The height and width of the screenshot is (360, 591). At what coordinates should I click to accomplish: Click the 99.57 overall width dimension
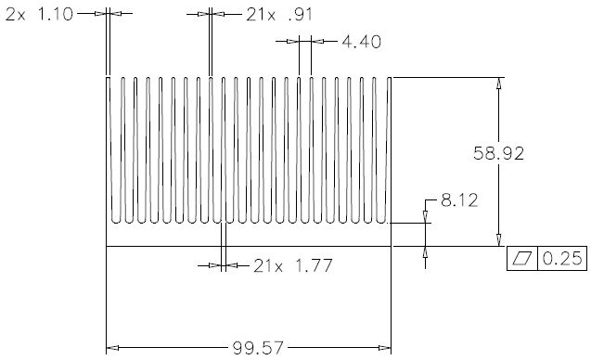tap(258, 348)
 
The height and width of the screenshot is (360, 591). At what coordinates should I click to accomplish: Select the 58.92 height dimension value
tap(498, 153)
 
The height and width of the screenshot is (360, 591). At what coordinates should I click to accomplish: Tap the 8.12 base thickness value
tap(459, 200)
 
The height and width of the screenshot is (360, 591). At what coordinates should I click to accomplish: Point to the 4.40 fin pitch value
tap(362, 42)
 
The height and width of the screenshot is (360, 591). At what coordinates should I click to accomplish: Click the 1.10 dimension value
tap(56, 14)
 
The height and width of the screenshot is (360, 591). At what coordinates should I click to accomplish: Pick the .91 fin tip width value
tap(300, 15)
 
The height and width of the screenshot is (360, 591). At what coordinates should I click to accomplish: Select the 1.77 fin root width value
tap(314, 265)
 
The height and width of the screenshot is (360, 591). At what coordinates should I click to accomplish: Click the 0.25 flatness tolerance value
tap(562, 259)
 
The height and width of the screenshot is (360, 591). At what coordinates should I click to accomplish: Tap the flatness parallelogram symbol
tap(522, 258)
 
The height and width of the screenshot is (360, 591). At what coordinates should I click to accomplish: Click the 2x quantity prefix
tap(16, 14)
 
